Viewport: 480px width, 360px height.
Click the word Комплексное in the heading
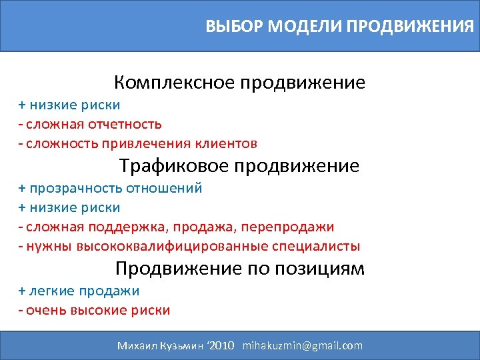coord(176,83)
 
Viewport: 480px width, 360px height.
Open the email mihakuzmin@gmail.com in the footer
coord(303,345)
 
